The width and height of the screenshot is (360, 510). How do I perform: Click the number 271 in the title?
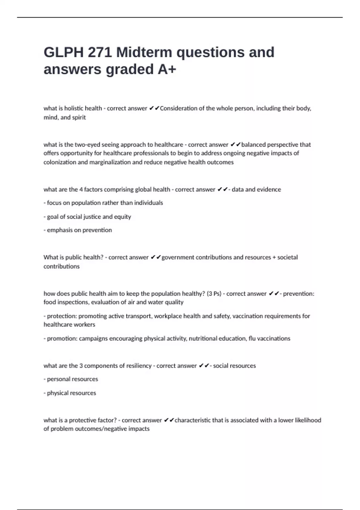pos(100,52)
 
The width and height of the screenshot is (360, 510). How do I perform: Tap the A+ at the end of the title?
pos(167,70)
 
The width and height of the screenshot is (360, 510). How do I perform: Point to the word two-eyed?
pos(87,145)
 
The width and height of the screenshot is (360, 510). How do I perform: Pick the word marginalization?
pos(110,162)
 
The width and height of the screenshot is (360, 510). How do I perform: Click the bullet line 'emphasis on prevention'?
pos(78,230)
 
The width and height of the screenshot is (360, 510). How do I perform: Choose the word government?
pos(178,257)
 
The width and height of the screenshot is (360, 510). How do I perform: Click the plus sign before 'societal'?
pos(274,257)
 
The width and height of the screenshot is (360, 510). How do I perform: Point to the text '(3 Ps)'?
pos(214,294)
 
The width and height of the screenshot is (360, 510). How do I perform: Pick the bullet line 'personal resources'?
pos(71,379)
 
